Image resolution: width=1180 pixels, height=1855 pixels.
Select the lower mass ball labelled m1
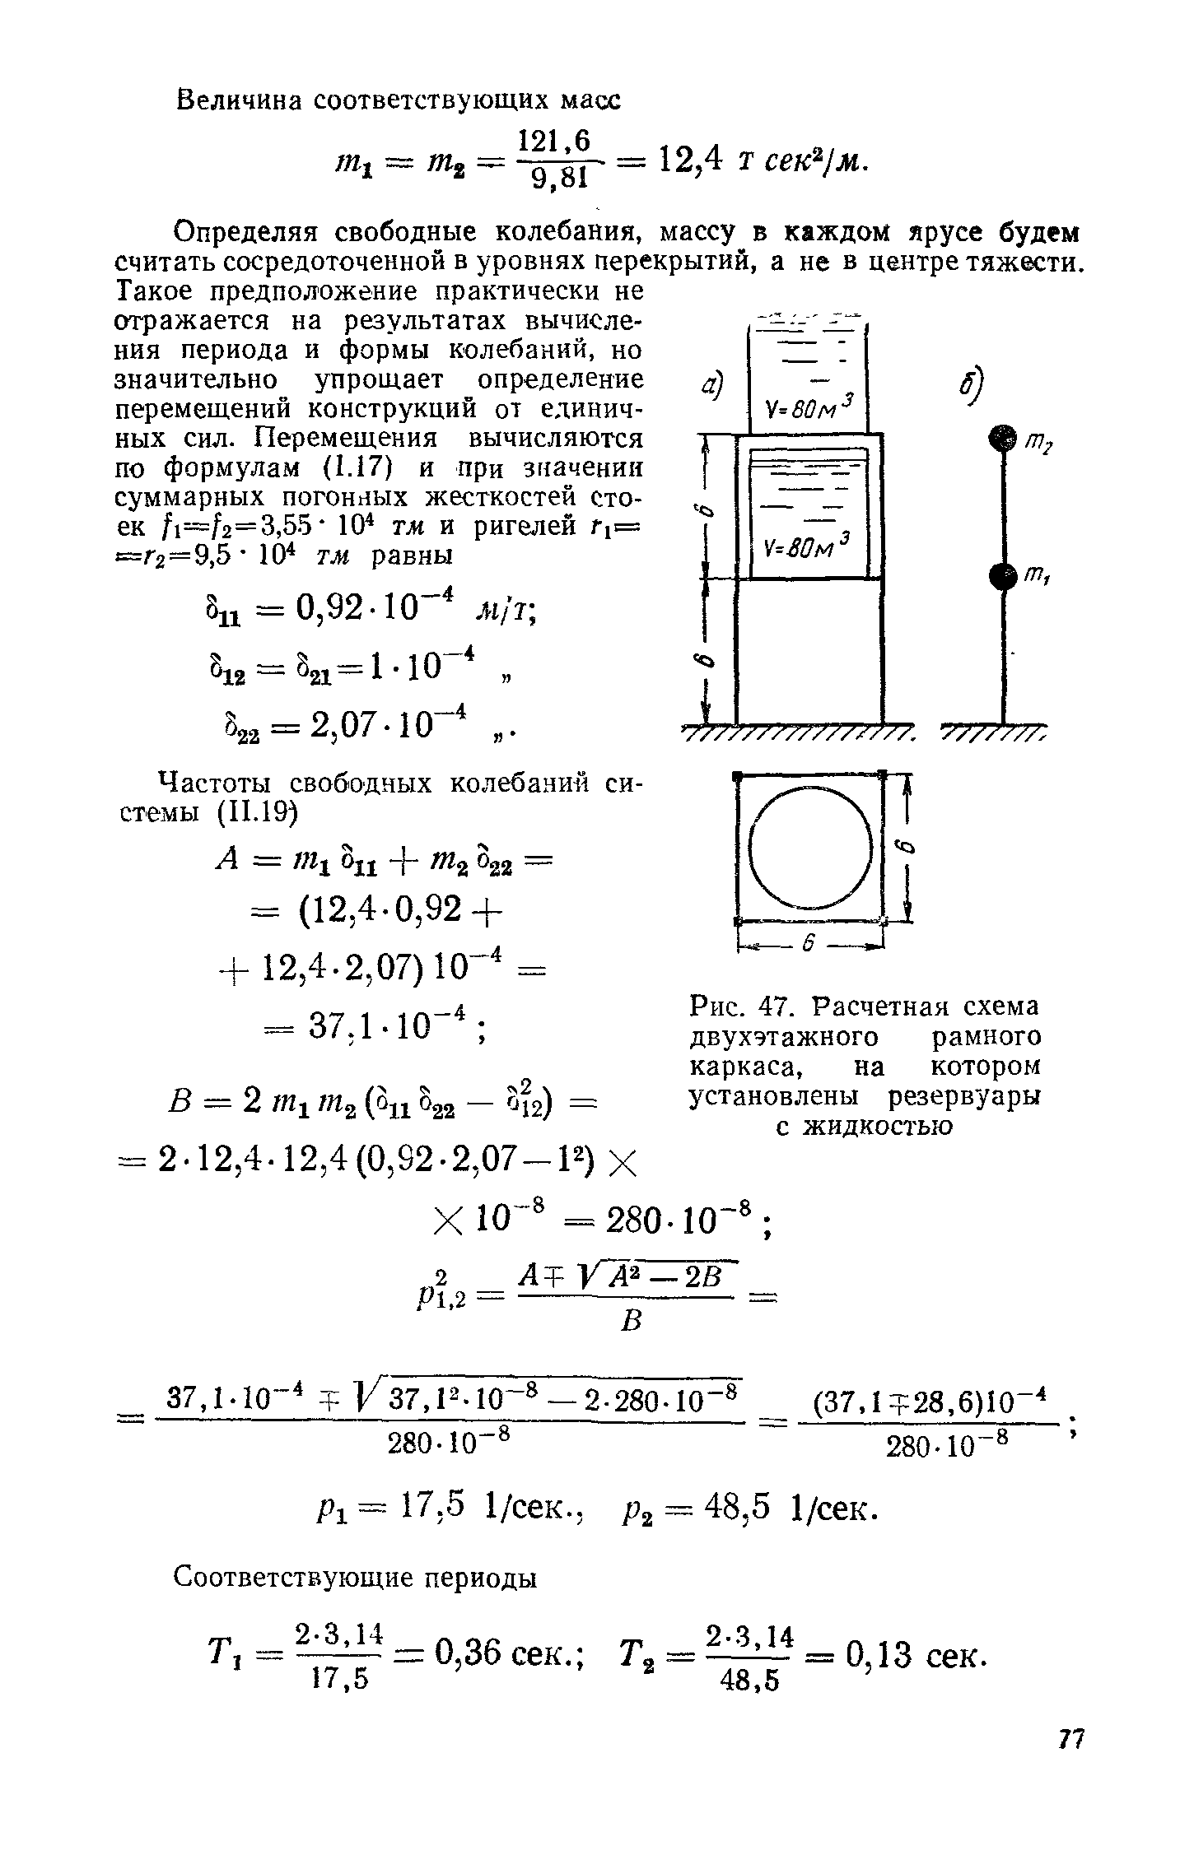coord(1001,576)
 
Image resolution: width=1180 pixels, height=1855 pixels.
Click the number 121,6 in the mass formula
coord(553,142)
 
